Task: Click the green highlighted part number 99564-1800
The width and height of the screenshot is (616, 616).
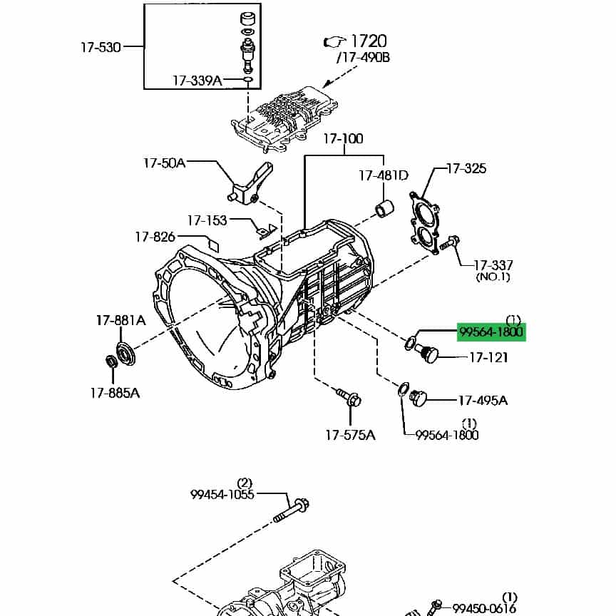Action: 491,332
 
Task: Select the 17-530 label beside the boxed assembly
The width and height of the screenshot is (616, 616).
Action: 101,47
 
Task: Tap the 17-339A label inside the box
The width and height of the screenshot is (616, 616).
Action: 197,81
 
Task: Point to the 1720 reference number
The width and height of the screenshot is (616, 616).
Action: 369,41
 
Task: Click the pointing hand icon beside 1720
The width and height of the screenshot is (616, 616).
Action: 334,41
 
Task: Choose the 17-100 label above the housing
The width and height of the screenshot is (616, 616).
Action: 344,138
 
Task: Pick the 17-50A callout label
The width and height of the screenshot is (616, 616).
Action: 164,163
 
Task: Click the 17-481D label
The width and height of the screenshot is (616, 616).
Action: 384,175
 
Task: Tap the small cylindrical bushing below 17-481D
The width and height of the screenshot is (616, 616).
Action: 385,209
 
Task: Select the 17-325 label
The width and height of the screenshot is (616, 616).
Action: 466,168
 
